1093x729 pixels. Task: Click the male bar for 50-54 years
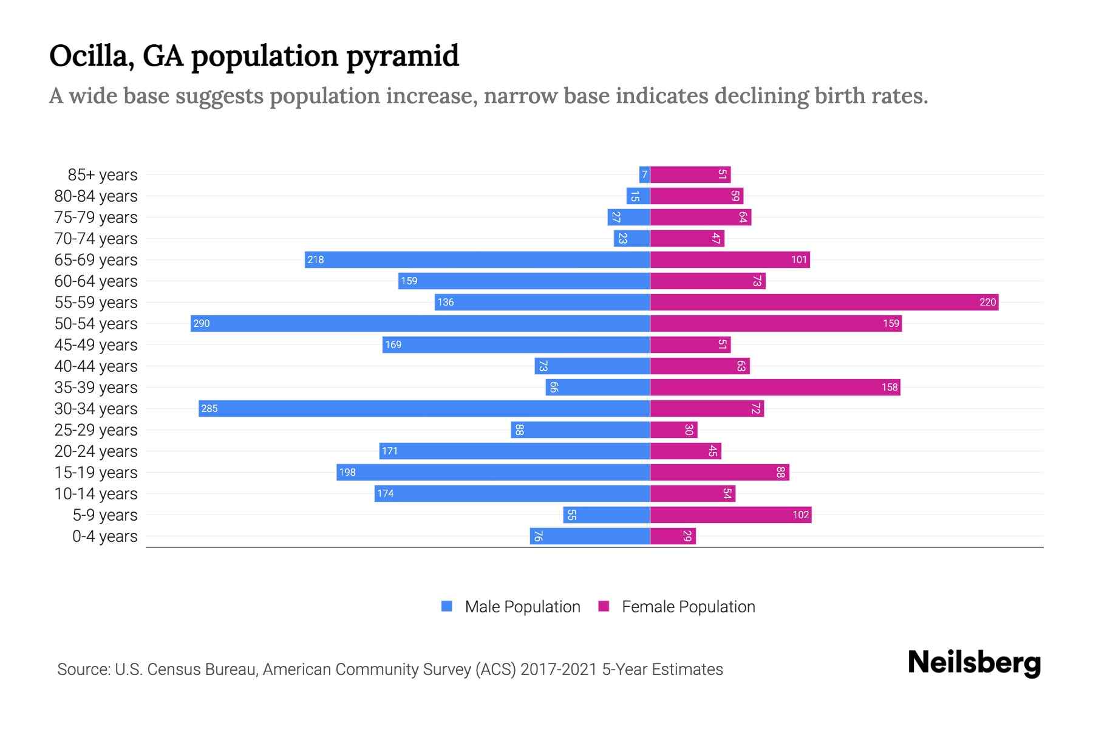[x=420, y=323]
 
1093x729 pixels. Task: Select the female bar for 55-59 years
[x=824, y=302]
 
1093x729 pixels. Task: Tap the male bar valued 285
[x=424, y=408]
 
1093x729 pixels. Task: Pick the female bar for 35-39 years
[x=775, y=387]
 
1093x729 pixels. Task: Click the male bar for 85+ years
[x=644, y=174]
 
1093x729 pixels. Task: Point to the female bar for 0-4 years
[x=673, y=536]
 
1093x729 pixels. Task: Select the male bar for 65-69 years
[x=477, y=259]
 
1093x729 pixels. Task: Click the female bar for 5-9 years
[x=730, y=515]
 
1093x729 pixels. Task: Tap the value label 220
[x=987, y=302]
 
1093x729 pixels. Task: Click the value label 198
[x=347, y=472]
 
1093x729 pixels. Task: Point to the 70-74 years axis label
[x=96, y=238]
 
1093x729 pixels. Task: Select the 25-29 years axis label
[x=96, y=430]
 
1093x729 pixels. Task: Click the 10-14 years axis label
[x=96, y=493]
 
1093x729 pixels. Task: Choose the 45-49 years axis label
[x=96, y=344]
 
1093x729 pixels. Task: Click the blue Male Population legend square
[x=447, y=606]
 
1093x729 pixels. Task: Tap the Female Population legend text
[x=688, y=606]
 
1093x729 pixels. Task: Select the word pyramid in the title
[x=403, y=56]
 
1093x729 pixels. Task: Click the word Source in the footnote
[x=83, y=669]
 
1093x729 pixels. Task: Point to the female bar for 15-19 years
[x=720, y=472]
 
